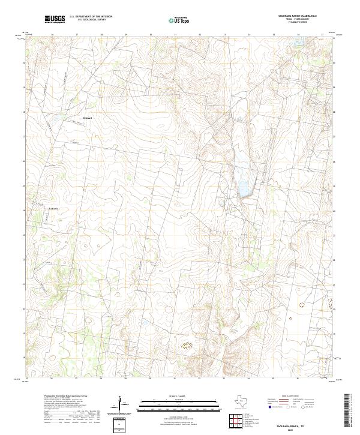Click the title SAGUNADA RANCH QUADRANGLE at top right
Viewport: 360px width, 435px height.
(x=293, y=16)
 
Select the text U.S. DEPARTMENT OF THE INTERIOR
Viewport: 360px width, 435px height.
(x=91, y=16)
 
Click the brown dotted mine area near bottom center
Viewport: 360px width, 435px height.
(x=187, y=345)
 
